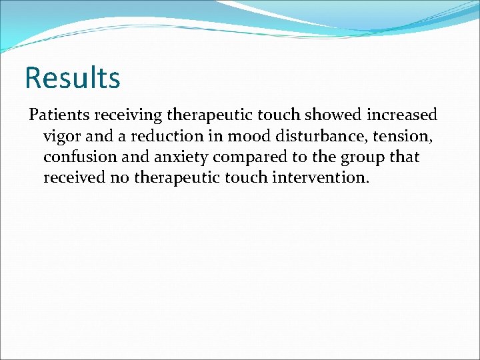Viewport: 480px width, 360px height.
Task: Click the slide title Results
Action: click(72, 77)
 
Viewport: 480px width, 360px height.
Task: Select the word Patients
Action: click(59, 115)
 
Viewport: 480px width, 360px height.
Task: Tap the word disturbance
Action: click(315, 137)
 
